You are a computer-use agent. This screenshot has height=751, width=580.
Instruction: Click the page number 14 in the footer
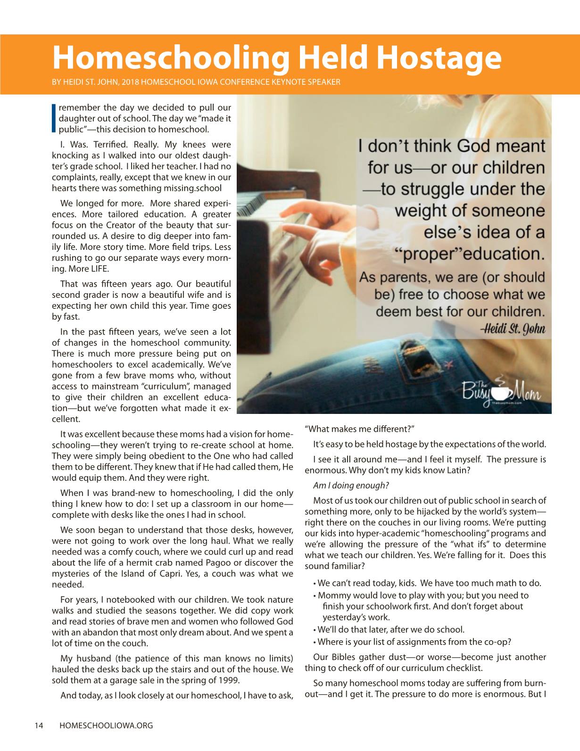(x=39, y=726)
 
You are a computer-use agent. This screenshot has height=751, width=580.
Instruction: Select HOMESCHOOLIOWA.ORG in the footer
(x=106, y=726)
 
